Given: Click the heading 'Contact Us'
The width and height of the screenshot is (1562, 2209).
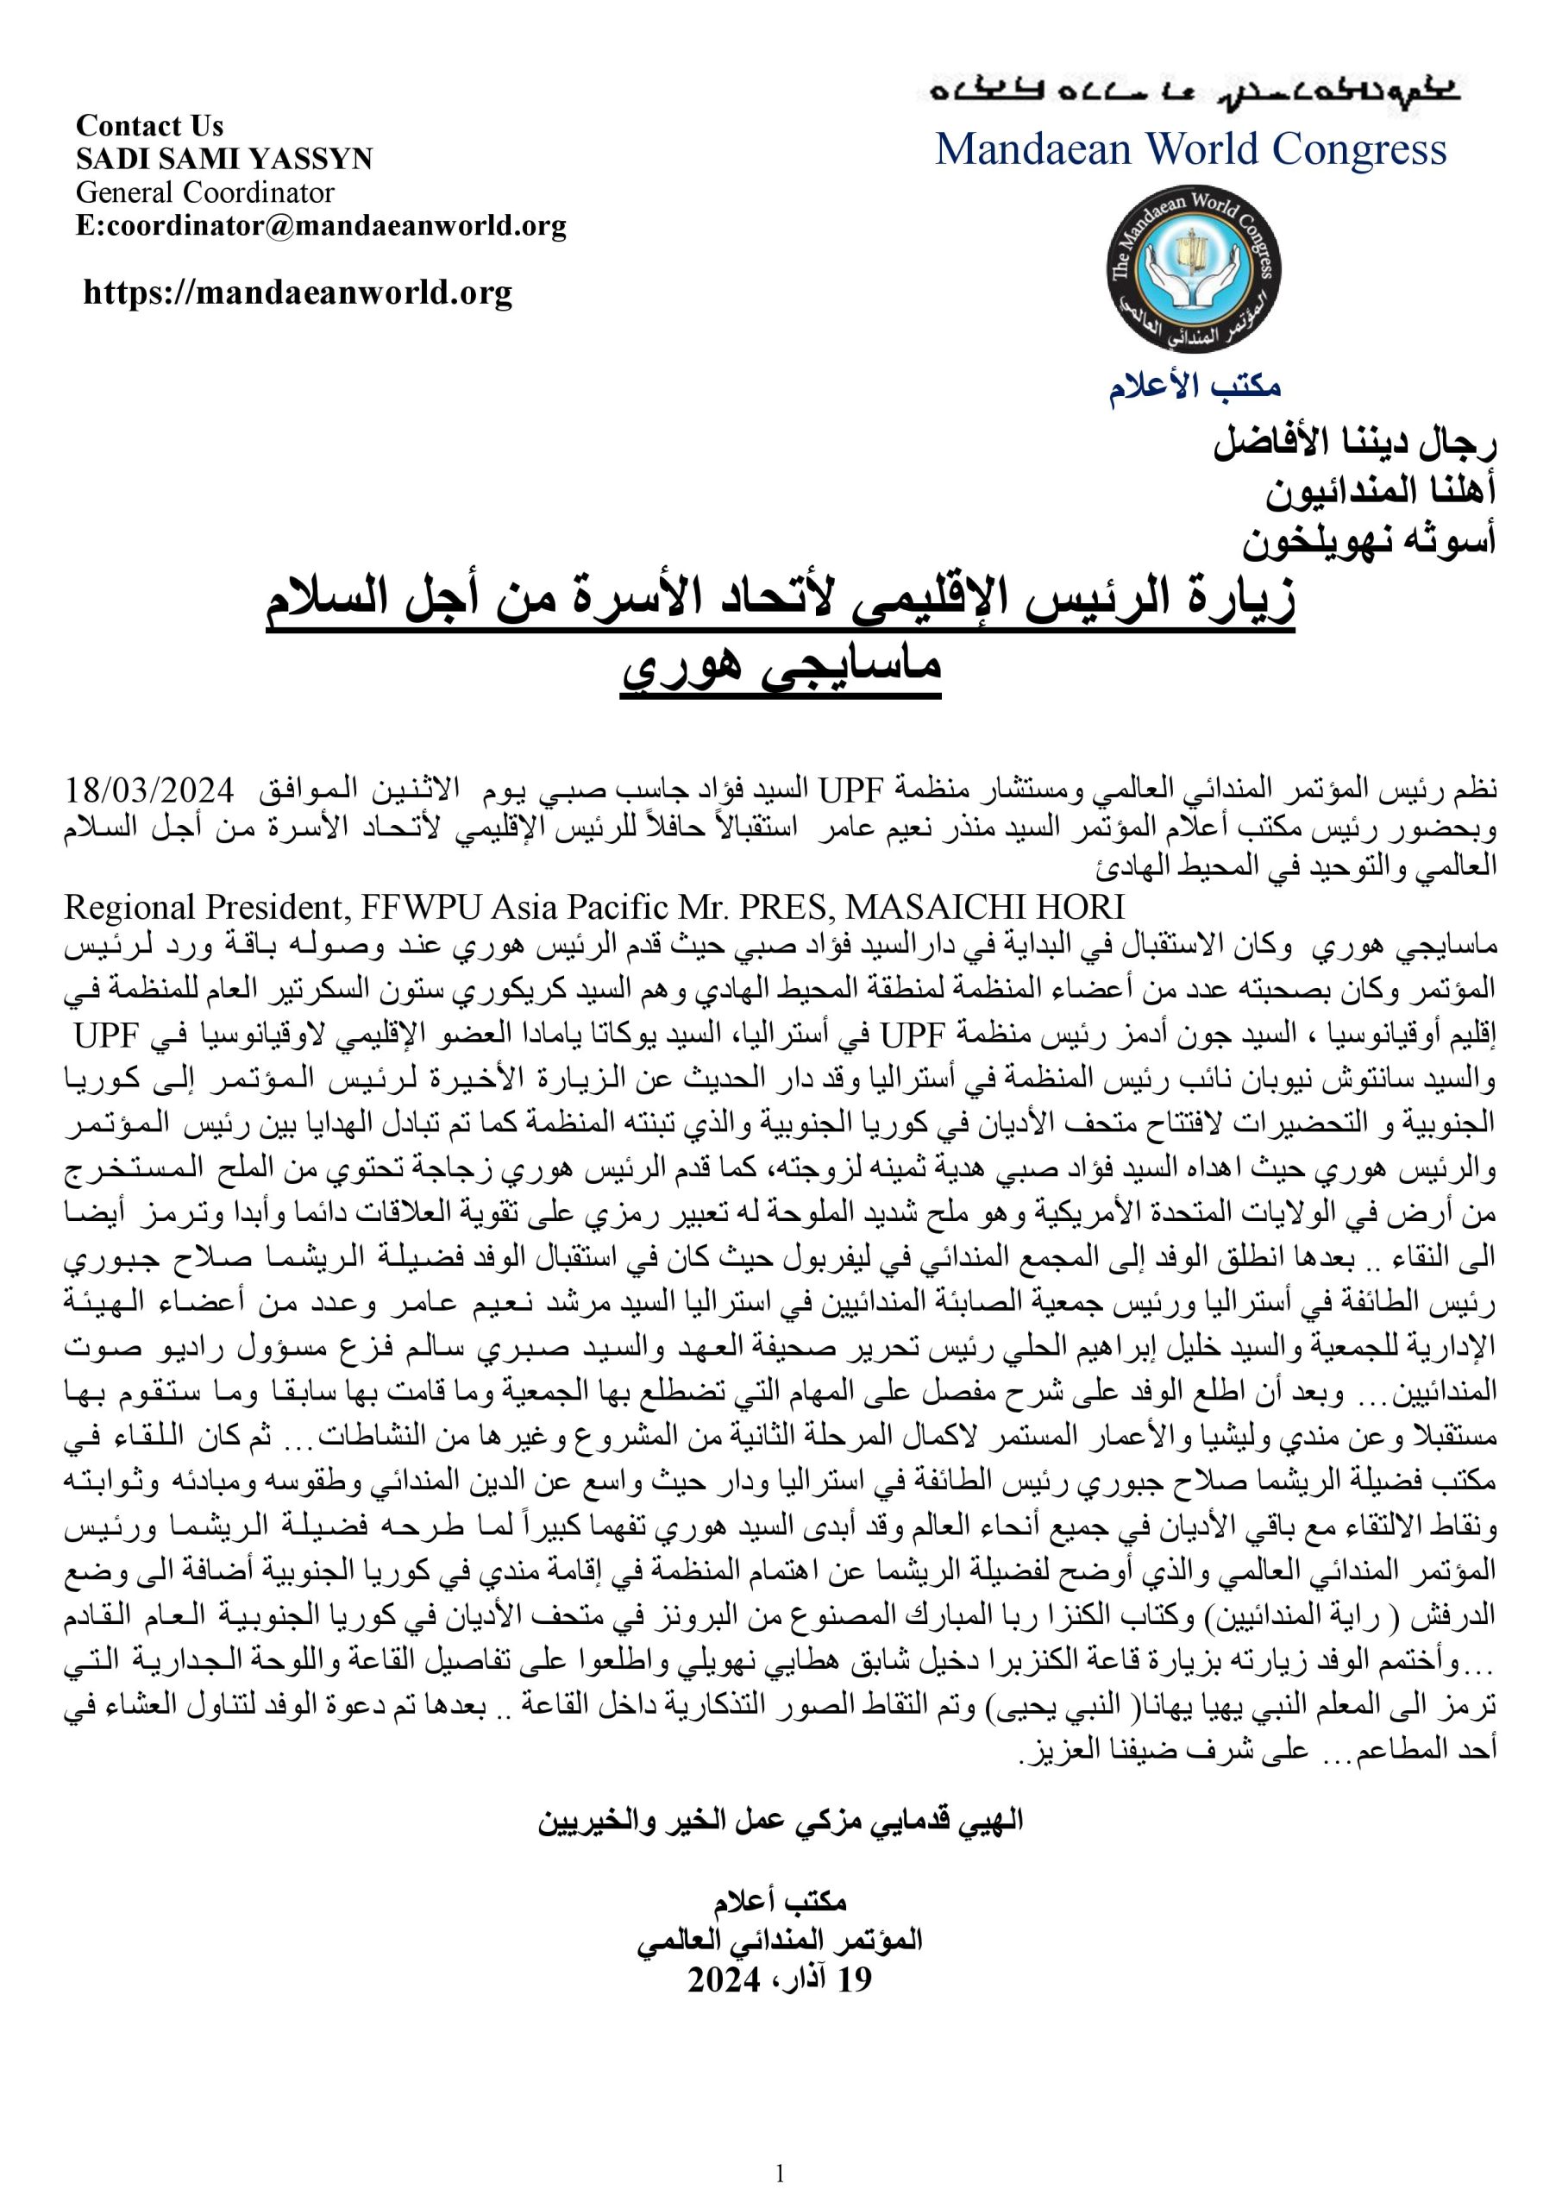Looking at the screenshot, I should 149,126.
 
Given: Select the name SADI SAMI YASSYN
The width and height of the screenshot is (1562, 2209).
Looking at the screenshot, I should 223,159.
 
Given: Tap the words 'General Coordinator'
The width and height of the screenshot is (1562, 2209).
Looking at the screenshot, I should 205,192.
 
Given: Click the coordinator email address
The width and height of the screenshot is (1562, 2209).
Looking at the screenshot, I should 320,226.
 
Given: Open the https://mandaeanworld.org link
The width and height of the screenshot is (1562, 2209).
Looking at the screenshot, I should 298,293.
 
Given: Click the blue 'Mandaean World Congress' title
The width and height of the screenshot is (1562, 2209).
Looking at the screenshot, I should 1191,150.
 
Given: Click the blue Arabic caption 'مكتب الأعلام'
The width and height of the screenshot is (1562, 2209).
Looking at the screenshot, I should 1195,387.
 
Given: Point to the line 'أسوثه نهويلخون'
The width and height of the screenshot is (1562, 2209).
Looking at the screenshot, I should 1368,542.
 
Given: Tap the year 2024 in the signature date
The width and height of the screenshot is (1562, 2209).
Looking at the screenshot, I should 724,1979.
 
